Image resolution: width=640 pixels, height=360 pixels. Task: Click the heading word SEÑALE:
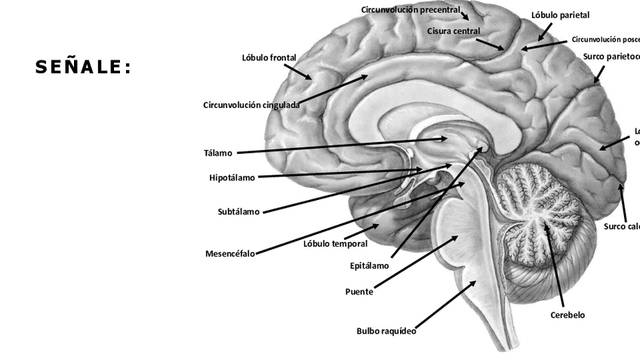point(83,68)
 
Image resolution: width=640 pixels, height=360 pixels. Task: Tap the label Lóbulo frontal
point(269,58)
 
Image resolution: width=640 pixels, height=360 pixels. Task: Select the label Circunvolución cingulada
point(251,105)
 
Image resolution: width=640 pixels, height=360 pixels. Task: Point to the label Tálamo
point(218,153)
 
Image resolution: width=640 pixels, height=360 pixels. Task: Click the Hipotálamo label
point(232,178)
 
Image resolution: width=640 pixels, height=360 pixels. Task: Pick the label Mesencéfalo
point(230,254)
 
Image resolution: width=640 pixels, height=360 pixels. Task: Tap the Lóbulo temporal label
point(335,244)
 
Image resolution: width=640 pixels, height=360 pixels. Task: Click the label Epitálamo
point(370,266)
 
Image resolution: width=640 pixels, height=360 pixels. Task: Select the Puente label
point(359,292)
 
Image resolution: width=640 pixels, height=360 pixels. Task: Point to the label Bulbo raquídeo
point(386,331)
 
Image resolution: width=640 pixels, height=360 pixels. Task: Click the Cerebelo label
point(568,315)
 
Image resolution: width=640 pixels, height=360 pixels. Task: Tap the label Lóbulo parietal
point(561,15)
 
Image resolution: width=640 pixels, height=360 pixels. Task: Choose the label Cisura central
point(454,31)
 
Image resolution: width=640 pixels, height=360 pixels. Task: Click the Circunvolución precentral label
point(411,10)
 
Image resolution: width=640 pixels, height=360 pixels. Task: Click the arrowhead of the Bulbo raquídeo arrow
point(475,282)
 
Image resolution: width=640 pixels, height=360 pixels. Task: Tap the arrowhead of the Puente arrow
point(457,236)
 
